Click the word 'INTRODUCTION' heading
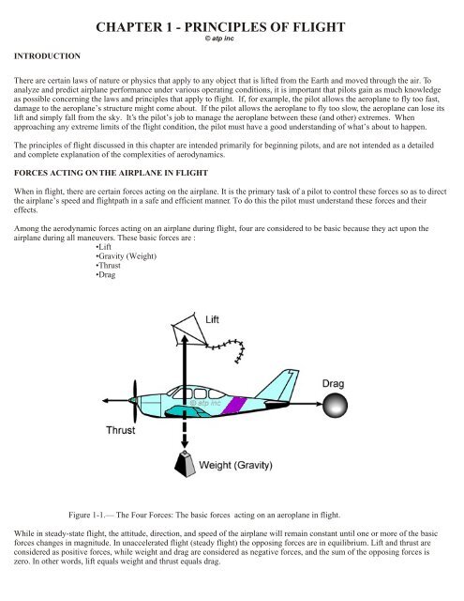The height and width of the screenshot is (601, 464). point(47,57)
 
